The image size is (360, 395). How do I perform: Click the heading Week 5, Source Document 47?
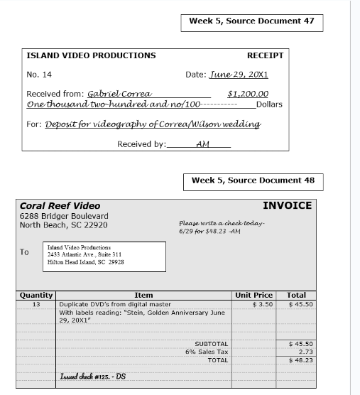(x=251, y=21)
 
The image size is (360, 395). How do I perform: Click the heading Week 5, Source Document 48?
(x=252, y=180)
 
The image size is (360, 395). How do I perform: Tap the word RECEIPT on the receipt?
(x=265, y=55)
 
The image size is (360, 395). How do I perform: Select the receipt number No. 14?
(x=39, y=75)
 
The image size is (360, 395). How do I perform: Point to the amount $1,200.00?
(x=248, y=94)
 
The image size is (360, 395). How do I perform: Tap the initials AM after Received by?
(x=202, y=144)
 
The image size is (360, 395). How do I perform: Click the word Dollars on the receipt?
(x=269, y=104)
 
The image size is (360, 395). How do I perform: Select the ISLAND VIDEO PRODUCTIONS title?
(x=91, y=55)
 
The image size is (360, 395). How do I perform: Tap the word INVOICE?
(x=287, y=206)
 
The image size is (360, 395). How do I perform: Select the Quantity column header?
(x=36, y=295)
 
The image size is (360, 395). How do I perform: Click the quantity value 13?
(x=36, y=304)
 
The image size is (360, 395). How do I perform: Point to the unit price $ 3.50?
(x=262, y=304)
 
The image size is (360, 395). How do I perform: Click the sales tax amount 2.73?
(x=305, y=352)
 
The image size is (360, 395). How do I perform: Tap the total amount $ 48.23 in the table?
(x=301, y=360)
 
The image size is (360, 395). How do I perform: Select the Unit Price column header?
(x=253, y=295)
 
